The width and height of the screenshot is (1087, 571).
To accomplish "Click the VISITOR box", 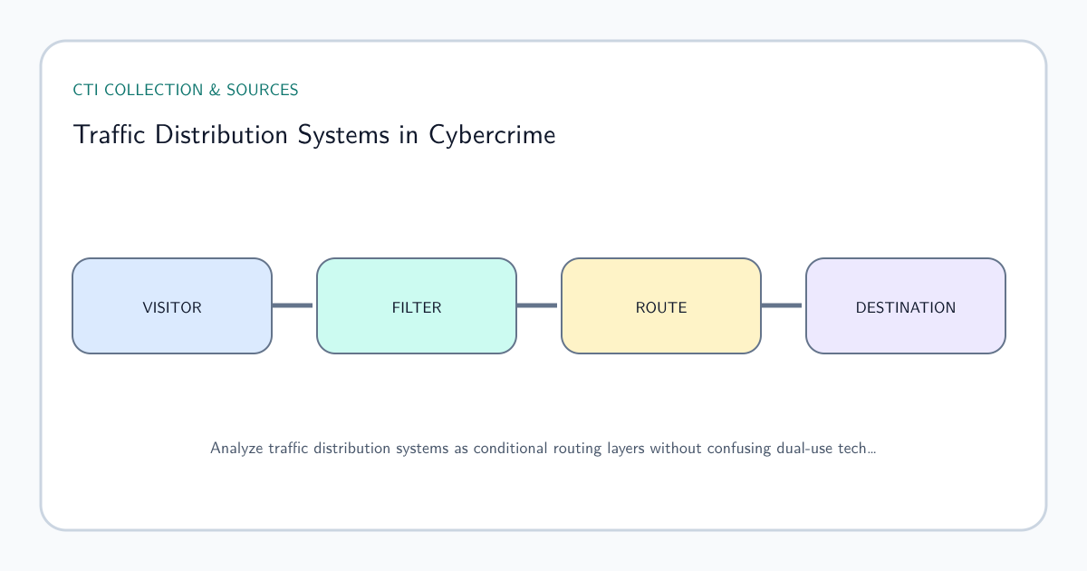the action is pos(172,306).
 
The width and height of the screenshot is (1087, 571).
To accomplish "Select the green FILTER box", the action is pos(417,306).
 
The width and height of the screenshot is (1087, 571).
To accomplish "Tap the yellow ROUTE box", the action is pos(661,306).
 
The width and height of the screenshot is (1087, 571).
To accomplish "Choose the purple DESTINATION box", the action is pos(906,306).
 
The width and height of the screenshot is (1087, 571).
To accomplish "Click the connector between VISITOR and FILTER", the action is pos(293,305).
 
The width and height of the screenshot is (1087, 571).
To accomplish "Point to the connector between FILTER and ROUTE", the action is pos(537,305).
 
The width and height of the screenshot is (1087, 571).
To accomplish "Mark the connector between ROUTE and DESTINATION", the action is pos(782,305).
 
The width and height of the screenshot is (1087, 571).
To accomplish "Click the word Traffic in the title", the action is pos(110,134).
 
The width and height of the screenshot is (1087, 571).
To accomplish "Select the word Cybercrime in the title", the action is pos(492,135).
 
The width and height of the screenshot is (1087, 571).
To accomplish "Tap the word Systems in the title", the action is pos(343,135).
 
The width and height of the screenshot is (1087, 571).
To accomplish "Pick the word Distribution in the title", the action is pos(221,134).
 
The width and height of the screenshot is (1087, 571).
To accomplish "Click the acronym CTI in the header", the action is pos(85,90).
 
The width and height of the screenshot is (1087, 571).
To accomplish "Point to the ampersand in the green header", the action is pos(214,90).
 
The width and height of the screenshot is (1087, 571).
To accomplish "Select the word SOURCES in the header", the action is pos(262,90).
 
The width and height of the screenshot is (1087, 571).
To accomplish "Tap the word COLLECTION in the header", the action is pos(153,90).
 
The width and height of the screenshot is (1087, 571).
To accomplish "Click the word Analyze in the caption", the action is pos(236,449).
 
